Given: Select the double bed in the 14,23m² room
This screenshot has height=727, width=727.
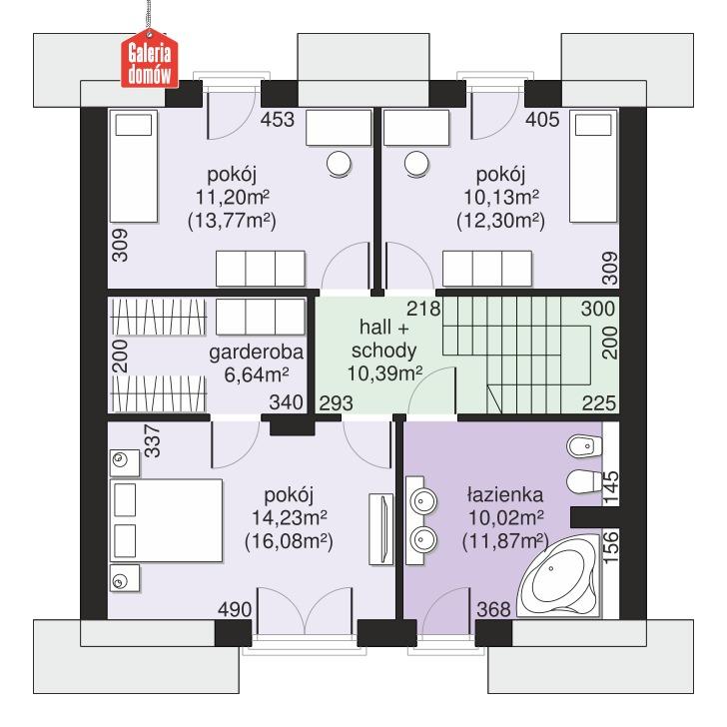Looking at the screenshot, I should pos(165,519).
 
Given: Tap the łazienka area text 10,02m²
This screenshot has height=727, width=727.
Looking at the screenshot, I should pos(504,517).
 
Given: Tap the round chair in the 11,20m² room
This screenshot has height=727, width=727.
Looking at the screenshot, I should pos(340,162).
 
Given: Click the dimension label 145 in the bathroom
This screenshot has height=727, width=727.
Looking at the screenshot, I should pos(611,486).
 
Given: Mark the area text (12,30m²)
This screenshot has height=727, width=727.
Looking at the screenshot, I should pos(500,220).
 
